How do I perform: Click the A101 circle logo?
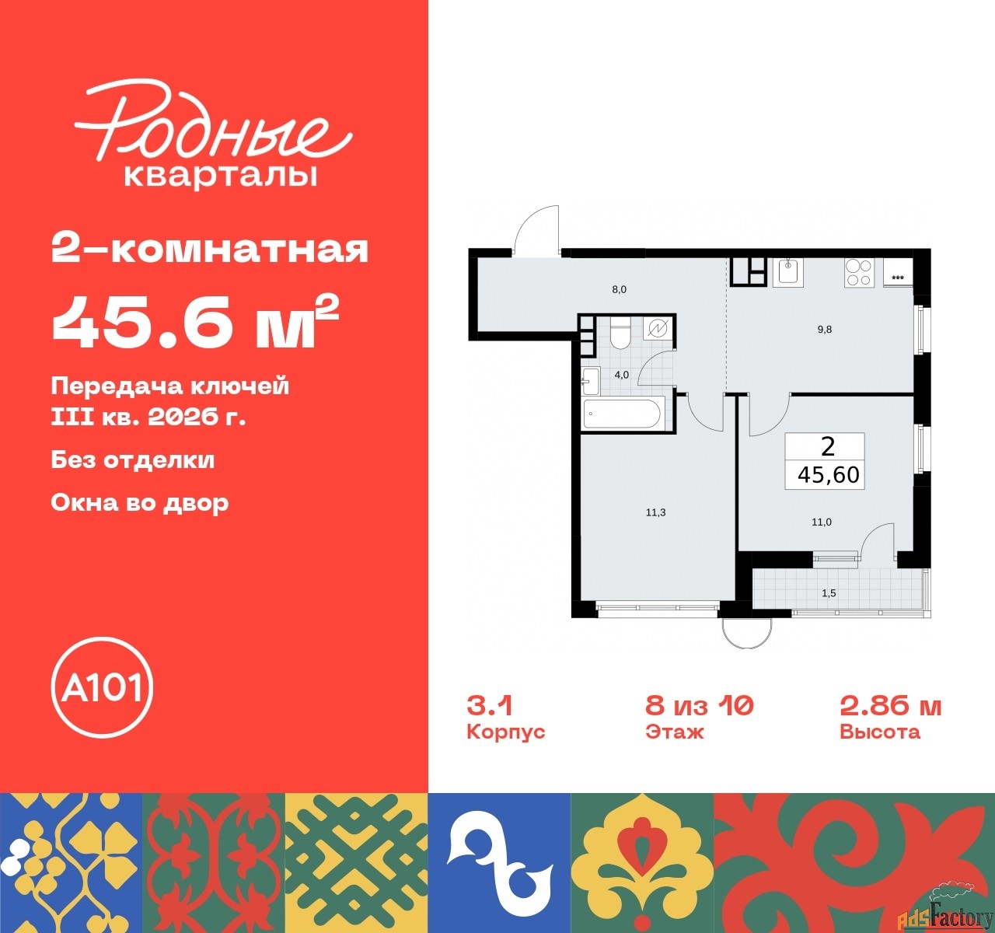(x=102, y=687)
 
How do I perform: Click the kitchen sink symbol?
(x=788, y=273)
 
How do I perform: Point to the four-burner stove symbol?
(x=859, y=273)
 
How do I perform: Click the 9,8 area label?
(x=824, y=329)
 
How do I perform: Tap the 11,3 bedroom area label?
(x=655, y=512)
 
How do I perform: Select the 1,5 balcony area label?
(x=829, y=593)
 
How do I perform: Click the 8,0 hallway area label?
(x=619, y=289)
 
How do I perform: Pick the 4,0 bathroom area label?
(x=621, y=375)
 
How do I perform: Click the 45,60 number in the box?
(x=828, y=475)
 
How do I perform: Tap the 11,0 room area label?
(x=822, y=522)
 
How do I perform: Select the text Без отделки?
(x=133, y=460)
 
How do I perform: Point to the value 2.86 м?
(x=890, y=706)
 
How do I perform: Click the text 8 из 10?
(x=700, y=706)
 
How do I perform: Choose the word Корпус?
(x=506, y=732)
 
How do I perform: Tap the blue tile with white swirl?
(x=499, y=862)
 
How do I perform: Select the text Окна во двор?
(x=140, y=503)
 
